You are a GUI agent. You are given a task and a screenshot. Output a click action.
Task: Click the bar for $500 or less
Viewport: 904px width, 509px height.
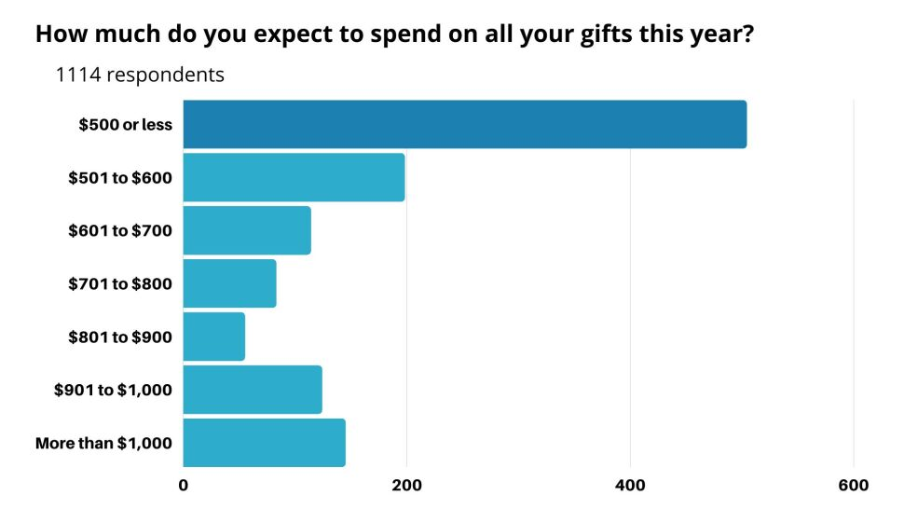click(464, 124)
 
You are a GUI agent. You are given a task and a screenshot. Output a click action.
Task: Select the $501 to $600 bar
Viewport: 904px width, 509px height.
click(294, 177)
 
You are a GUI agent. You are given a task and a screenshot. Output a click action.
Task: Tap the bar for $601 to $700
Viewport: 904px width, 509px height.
click(247, 230)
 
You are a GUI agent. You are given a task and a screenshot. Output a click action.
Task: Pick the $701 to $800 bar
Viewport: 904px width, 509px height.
click(229, 283)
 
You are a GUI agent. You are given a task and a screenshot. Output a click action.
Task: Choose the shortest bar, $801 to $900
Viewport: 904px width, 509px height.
click(213, 337)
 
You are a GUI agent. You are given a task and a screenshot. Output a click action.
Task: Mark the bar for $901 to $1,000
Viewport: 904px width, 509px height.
click(253, 390)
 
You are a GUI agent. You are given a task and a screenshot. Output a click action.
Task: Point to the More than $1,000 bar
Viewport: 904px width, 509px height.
click(264, 443)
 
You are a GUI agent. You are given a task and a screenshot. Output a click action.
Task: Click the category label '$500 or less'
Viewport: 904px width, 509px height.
click(125, 125)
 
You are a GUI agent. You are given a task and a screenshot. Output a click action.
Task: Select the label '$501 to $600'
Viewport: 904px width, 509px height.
click(120, 178)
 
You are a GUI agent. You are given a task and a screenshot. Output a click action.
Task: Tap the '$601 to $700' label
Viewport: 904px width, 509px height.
click(120, 231)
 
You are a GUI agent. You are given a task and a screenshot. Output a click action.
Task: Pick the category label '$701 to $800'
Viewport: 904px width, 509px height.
click(120, 284)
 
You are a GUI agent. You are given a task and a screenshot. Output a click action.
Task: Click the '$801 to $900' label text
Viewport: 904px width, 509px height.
click(120, 337)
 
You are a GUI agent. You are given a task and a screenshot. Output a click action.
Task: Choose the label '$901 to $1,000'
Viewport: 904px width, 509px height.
click(113, 391)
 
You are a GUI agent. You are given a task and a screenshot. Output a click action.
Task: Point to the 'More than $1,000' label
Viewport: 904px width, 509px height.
click(103, 444)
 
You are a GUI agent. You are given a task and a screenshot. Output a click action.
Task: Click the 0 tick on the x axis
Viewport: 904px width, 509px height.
click(184, 486)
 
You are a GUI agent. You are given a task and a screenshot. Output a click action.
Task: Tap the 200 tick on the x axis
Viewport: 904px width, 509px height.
click(406, 486)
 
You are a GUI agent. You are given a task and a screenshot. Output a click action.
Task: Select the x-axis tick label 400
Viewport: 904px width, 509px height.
click(630, 486)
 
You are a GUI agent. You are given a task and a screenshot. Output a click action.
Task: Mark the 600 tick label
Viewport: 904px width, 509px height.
click(854, 486)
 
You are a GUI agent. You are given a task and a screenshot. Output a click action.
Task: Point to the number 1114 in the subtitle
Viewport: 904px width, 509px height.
click(78, 76)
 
